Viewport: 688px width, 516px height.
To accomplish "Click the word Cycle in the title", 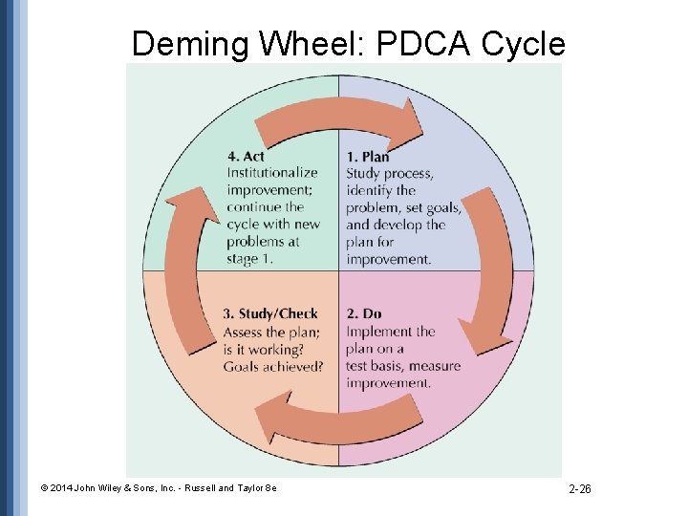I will (x=524, y=43).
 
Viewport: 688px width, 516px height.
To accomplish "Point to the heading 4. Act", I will (x=246, y=156).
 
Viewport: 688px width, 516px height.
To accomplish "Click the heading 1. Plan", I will (x=367, y=157).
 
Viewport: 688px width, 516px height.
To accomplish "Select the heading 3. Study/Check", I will (x=270, y=313).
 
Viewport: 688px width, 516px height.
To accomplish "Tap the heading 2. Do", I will (x=364, y=313).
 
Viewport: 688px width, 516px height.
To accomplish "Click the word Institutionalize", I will (x=271, y=173).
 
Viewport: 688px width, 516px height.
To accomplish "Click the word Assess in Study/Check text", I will (x=245, y=333).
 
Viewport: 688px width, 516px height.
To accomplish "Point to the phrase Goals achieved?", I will (x=272, y=366).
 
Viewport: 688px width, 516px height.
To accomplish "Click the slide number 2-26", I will (x=580, y=489).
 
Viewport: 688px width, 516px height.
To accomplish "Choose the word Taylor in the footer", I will (x=248, y=488).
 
